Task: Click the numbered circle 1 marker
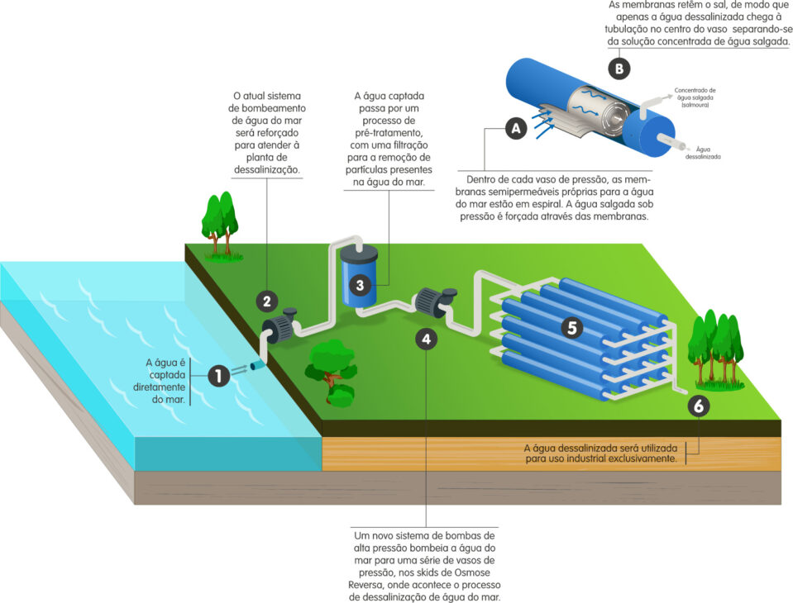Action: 218,377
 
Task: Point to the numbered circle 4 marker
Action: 425,339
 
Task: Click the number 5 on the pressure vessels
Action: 571,326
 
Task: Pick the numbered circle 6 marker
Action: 699,406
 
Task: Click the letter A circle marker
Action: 516,129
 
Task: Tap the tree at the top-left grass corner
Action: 219,222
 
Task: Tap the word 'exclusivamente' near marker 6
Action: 639,458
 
